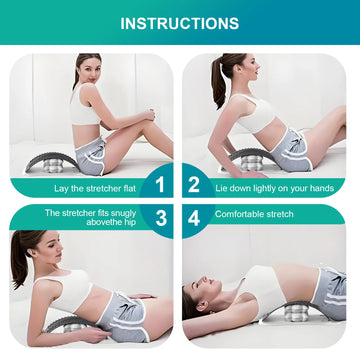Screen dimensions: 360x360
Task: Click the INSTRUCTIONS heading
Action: tap(180, 22)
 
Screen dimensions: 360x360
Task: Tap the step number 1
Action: tap(155, 184)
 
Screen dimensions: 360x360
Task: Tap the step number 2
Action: tap(194, 184)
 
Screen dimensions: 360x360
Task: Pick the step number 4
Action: tap(194, 214)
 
